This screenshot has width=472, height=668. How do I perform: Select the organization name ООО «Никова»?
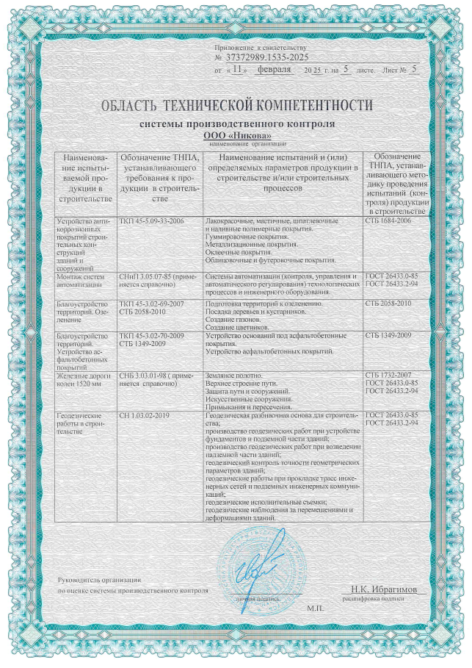pyautogui.click(x=236, y=136)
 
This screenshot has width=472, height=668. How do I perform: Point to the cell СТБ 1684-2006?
pyautogui.click(x=388, y=221)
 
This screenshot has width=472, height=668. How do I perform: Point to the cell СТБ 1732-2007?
pyautogui.click(x=387, y=375)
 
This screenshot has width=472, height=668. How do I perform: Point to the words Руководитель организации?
pyautogui.click(x=92, y=581)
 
